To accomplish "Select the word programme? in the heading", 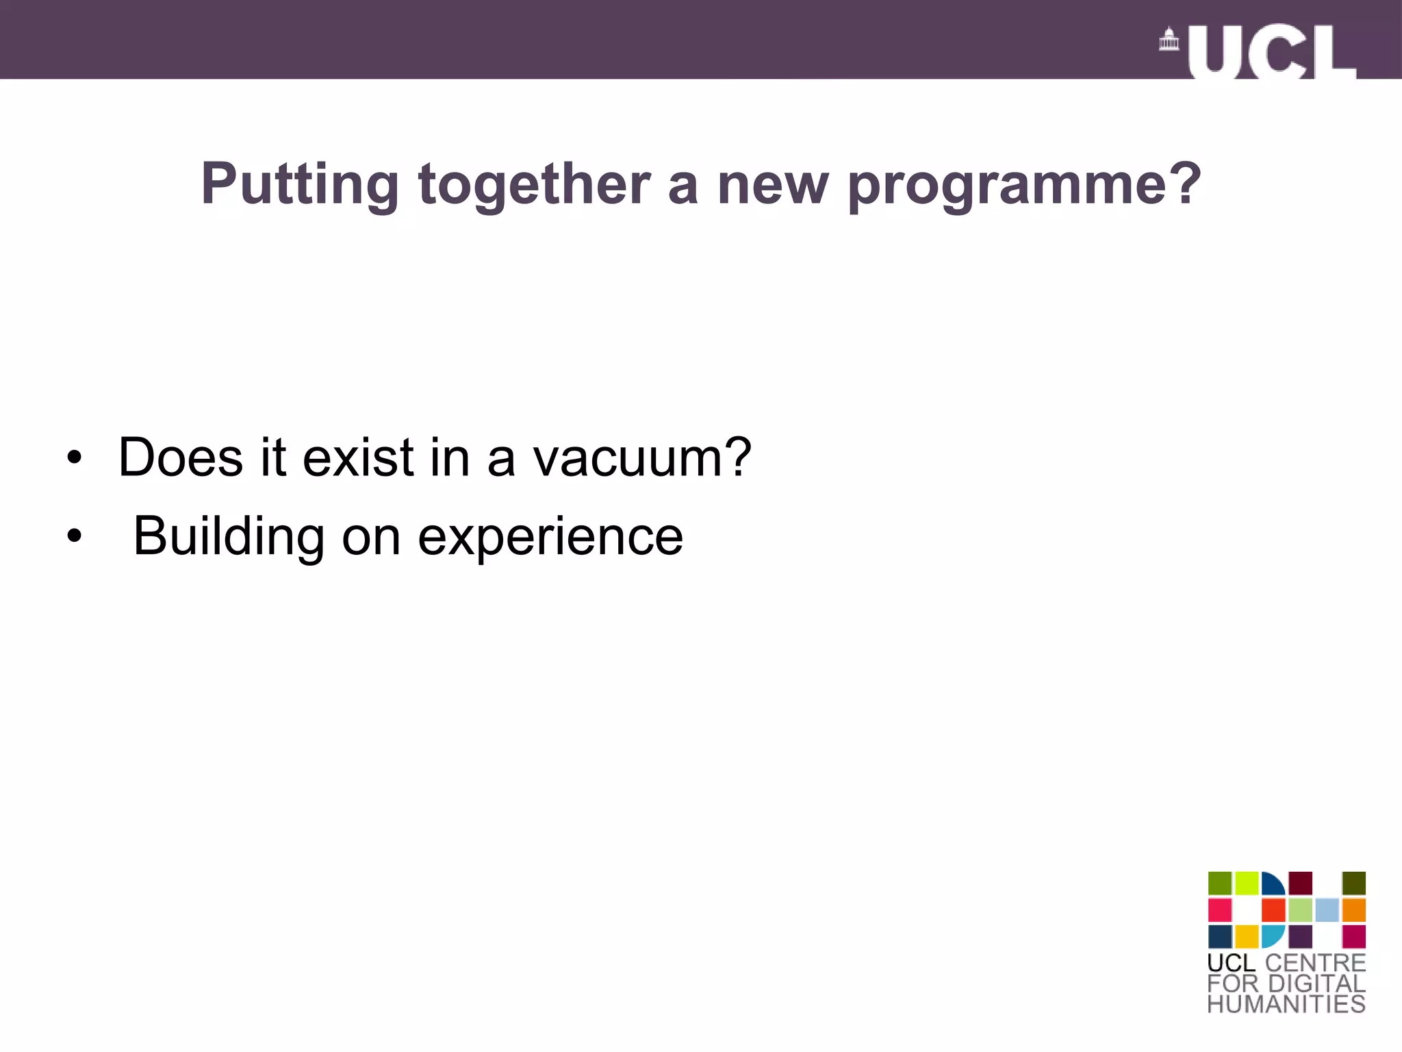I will pyautogui.click(x=1024, y=185).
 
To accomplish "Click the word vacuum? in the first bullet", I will pyautogui.click(x=642, y=458).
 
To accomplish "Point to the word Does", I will pyautogui.click(x=180, y=457).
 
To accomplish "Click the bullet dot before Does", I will pyautogui.click(x=74, y=458).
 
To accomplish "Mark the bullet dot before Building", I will pyautogui.click(x=74, y=537).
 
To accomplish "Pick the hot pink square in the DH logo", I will pyautogui.click(x=1219, y=910).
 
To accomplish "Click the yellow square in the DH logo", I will pyautogui.click(x=1247, y=936).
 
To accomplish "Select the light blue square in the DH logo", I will pyautogui.click(x=1327, y=910).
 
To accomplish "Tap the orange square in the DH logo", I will pyautogui.click(x=1353, y=910).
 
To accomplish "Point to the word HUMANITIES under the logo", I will pyautogui.click(x=1286, y=1004).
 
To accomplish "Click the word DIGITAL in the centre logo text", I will pyautogui.click(x=1316, y=984).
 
